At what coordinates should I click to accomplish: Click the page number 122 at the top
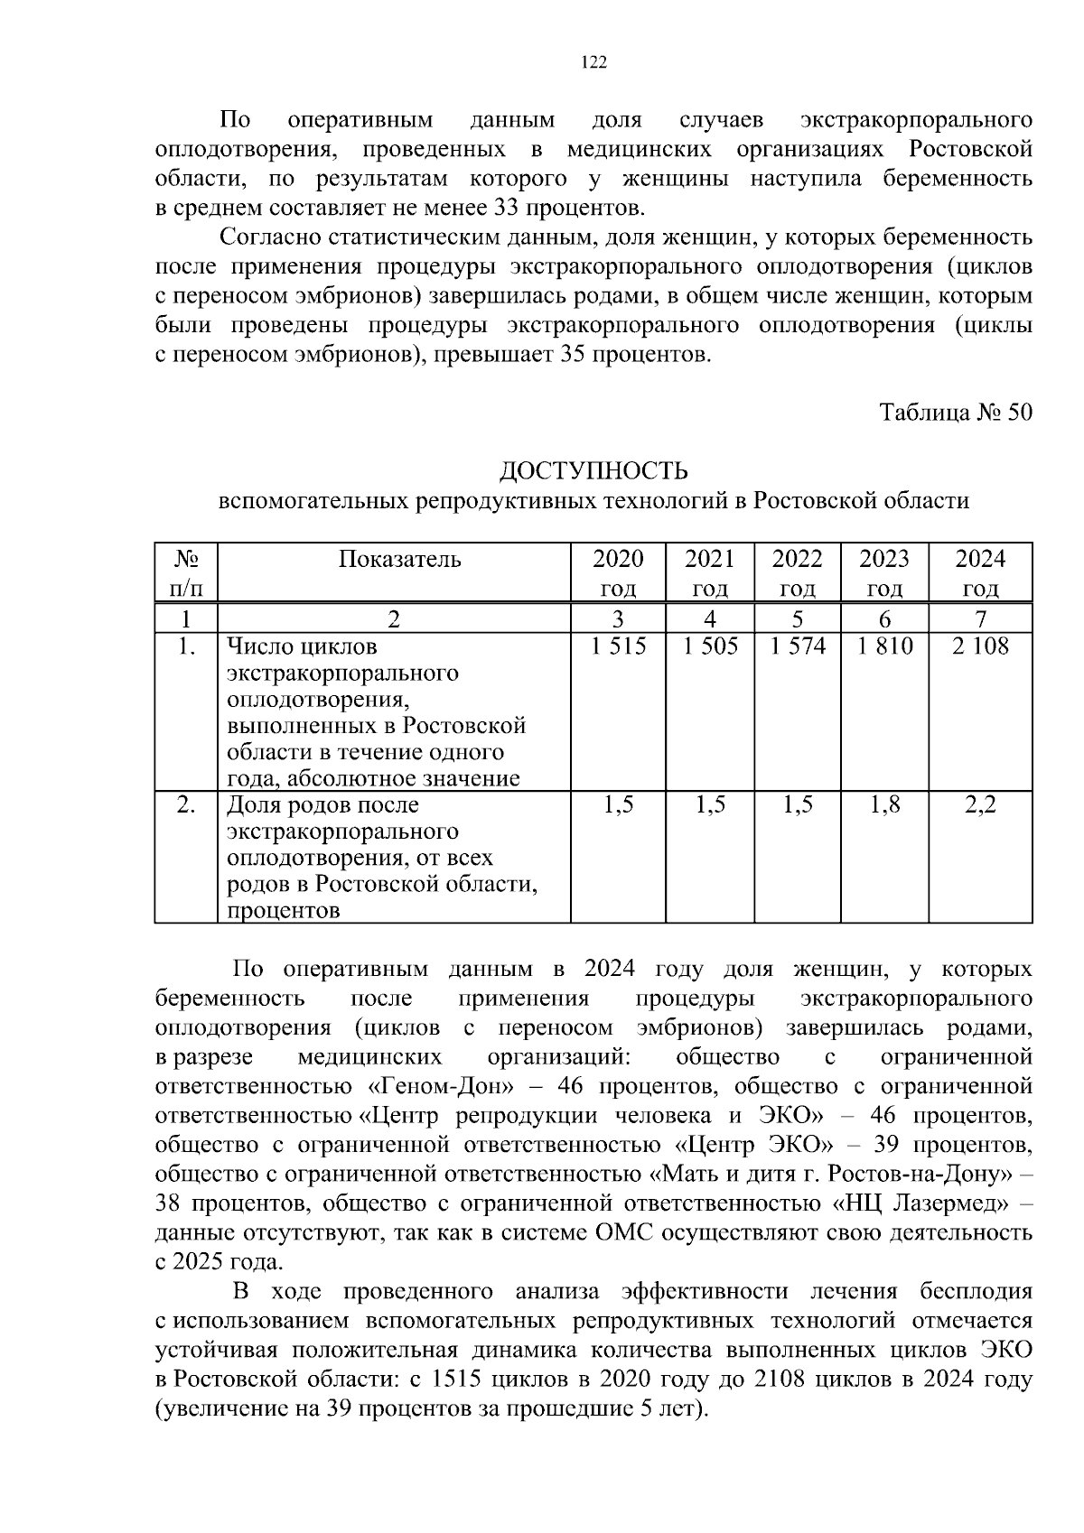pos(593,62)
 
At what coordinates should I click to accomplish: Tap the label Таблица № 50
pos(956,413)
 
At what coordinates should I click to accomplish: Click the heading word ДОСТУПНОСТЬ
pos(593,471)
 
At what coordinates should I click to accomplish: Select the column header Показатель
pos(399,560)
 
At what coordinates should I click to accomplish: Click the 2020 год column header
pos(618,572)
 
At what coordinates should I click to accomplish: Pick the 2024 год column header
pos(980,572)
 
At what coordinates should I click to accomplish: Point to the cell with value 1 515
pos(618,646)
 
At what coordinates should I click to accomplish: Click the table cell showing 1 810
pos(884,646)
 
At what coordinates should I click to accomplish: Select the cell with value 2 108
pos(980,646)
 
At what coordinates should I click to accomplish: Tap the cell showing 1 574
pos(798,646)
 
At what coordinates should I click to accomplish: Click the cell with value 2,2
pos(980,805)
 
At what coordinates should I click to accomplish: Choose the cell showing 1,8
pos(884,805)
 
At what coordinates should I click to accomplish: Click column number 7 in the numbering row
pos(980,619)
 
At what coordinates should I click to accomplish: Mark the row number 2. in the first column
pos(186,805)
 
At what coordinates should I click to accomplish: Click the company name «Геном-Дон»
pos(441,1085)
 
